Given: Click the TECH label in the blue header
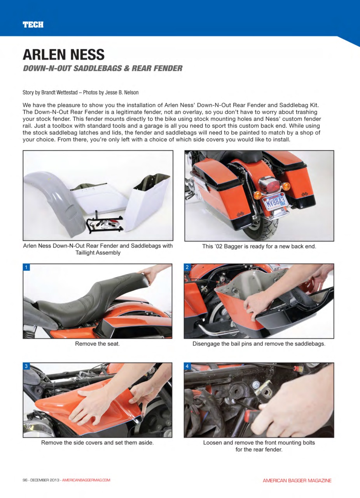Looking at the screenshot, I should tap(33, 25).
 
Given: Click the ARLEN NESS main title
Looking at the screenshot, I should tap(63, 54).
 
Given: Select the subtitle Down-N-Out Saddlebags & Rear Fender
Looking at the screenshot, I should tap(103, 68).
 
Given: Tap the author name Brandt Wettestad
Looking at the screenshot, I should tap(59, 93).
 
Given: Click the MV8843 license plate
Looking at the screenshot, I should tap(275, 202).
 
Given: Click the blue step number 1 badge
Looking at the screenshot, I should tap(26, 267).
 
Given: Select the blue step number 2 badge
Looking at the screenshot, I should tap(187, 267).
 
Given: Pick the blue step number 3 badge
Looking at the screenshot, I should tap(26, 366).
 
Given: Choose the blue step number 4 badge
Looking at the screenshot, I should tap(187, 366).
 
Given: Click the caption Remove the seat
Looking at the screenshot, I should tap(97, 344).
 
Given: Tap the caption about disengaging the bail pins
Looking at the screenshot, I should tap(259, 344).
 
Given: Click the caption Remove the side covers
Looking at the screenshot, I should tap(97, 442).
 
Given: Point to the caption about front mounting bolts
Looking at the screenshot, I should tap(259, 446).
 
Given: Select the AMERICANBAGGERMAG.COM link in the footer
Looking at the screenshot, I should tap(86, 480).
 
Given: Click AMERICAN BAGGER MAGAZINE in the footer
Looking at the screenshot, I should tap(297, 480).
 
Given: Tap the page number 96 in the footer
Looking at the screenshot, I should tap(25, 480).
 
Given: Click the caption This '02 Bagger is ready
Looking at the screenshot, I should tap(259, 246).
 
